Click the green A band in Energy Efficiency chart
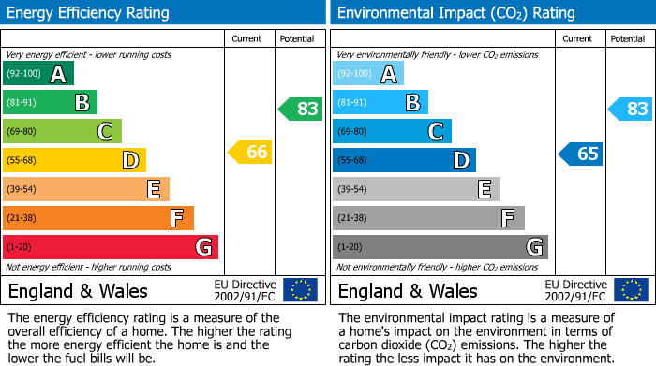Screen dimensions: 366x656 tap(38, 74)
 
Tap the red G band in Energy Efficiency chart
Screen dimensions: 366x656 tap(111, 247)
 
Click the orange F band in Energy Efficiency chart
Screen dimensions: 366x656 tap(98, 218)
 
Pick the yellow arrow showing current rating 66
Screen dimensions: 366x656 tap(251, 153)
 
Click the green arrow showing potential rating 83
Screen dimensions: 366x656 tap(301, 109)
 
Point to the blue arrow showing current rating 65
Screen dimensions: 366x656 tap(581, 154)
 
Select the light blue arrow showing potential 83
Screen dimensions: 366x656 tap(631, 109)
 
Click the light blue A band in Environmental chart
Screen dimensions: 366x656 tap(368, 74)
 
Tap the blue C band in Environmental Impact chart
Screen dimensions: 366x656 tap(392, 131)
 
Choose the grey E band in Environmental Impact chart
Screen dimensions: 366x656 tap(416, 189)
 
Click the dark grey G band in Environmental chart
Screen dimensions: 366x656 tap(440, 247)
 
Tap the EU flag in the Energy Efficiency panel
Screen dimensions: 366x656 tap(300, 290)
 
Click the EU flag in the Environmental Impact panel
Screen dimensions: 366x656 tap(630, 290)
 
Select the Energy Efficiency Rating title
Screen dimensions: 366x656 tap(89, 13)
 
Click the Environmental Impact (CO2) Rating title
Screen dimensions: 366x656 tap(455, 13)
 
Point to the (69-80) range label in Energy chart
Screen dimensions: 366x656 tap(22, 132)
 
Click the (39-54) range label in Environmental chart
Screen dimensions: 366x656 tap(352, 190)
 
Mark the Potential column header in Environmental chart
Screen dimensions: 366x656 tap(628, 38)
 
